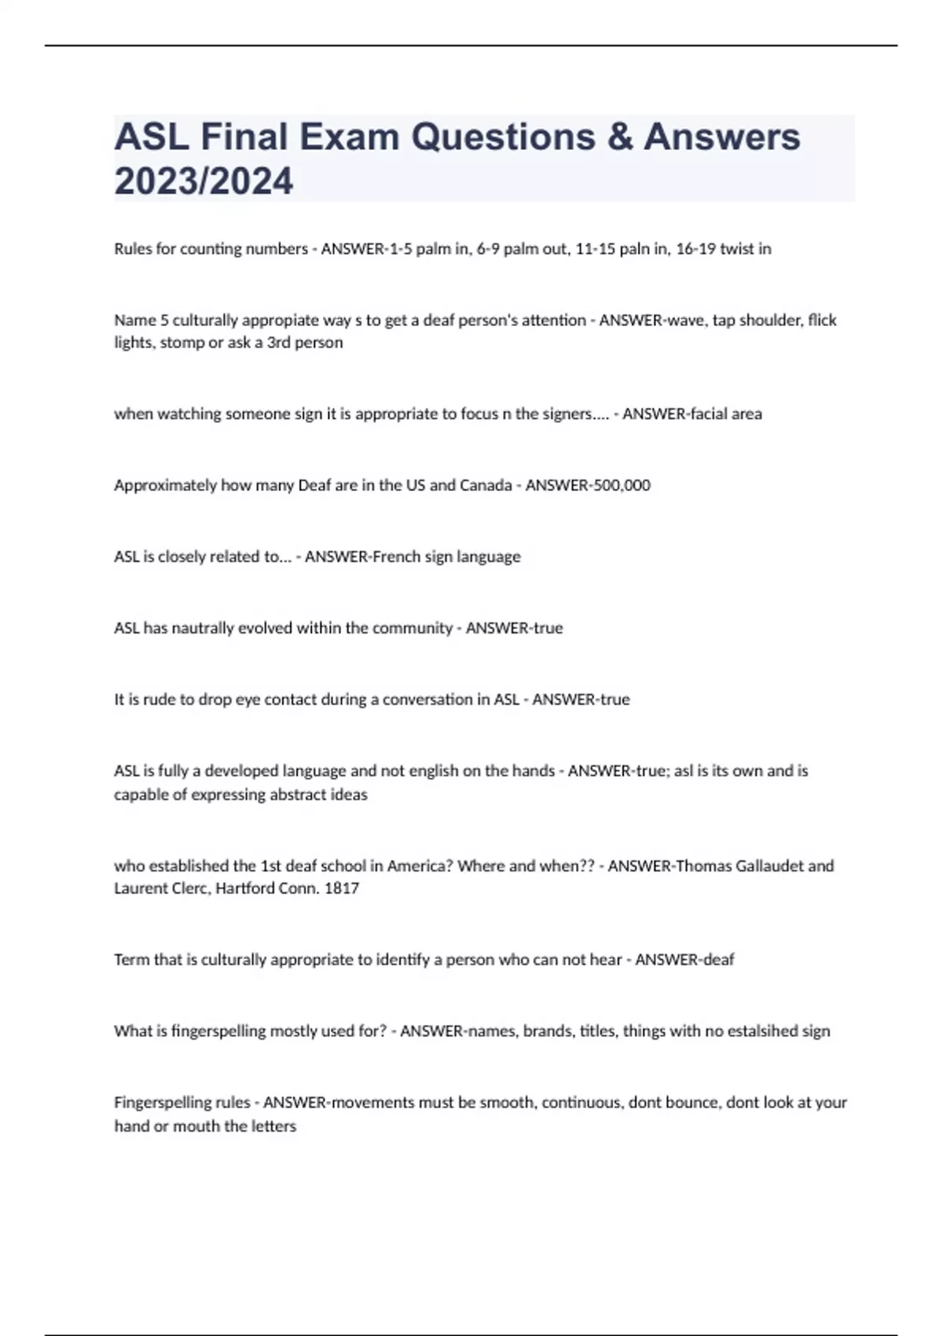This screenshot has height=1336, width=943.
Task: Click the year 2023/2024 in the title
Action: [204, 181]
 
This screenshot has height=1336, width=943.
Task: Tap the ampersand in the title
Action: [621, 137]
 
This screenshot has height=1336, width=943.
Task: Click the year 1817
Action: [342, 888]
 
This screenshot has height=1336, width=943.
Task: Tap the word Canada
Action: [486, 485]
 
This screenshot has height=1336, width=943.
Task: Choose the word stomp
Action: [182, 343]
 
